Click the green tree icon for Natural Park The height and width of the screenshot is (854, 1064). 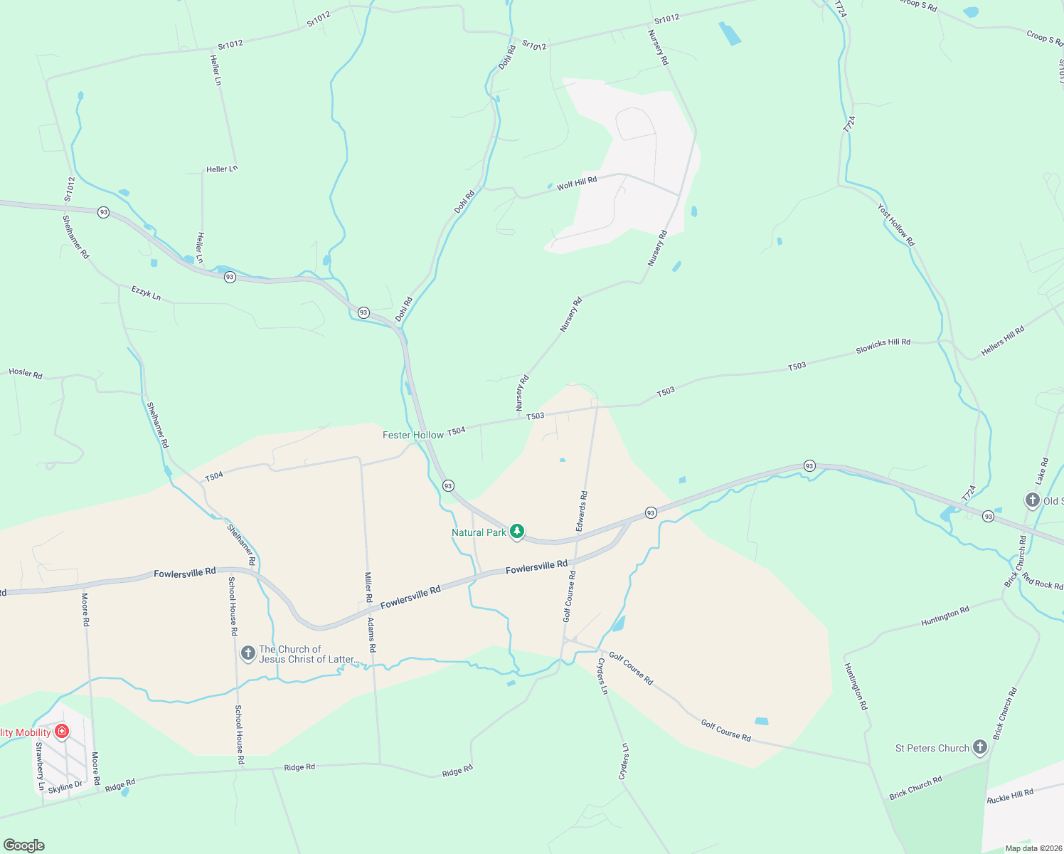point(517,532)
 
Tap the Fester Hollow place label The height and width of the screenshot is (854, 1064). point(413,435)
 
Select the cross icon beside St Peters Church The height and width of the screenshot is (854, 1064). point(980,747)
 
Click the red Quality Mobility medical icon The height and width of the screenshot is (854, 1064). point(62,732)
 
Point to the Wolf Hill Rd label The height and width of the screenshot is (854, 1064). point(577,184)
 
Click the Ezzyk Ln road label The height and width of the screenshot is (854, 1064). point(146,292)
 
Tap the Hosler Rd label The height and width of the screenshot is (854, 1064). point(26,373)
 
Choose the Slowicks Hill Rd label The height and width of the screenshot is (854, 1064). point(883,346)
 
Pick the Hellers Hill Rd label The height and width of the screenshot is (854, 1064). point(1003,341)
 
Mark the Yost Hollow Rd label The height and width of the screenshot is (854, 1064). point(895,225)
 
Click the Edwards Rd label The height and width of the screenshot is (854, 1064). point(582,510)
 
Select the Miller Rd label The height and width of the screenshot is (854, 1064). point(368,587)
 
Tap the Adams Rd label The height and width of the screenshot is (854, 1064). point(371,635)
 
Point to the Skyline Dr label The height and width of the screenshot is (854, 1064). point(65,786)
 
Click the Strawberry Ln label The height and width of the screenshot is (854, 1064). point(41,766)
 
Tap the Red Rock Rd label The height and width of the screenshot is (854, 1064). point(1042,581)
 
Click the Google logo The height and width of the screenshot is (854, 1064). point(23,845)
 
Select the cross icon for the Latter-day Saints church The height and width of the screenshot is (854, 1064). point(248,653)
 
